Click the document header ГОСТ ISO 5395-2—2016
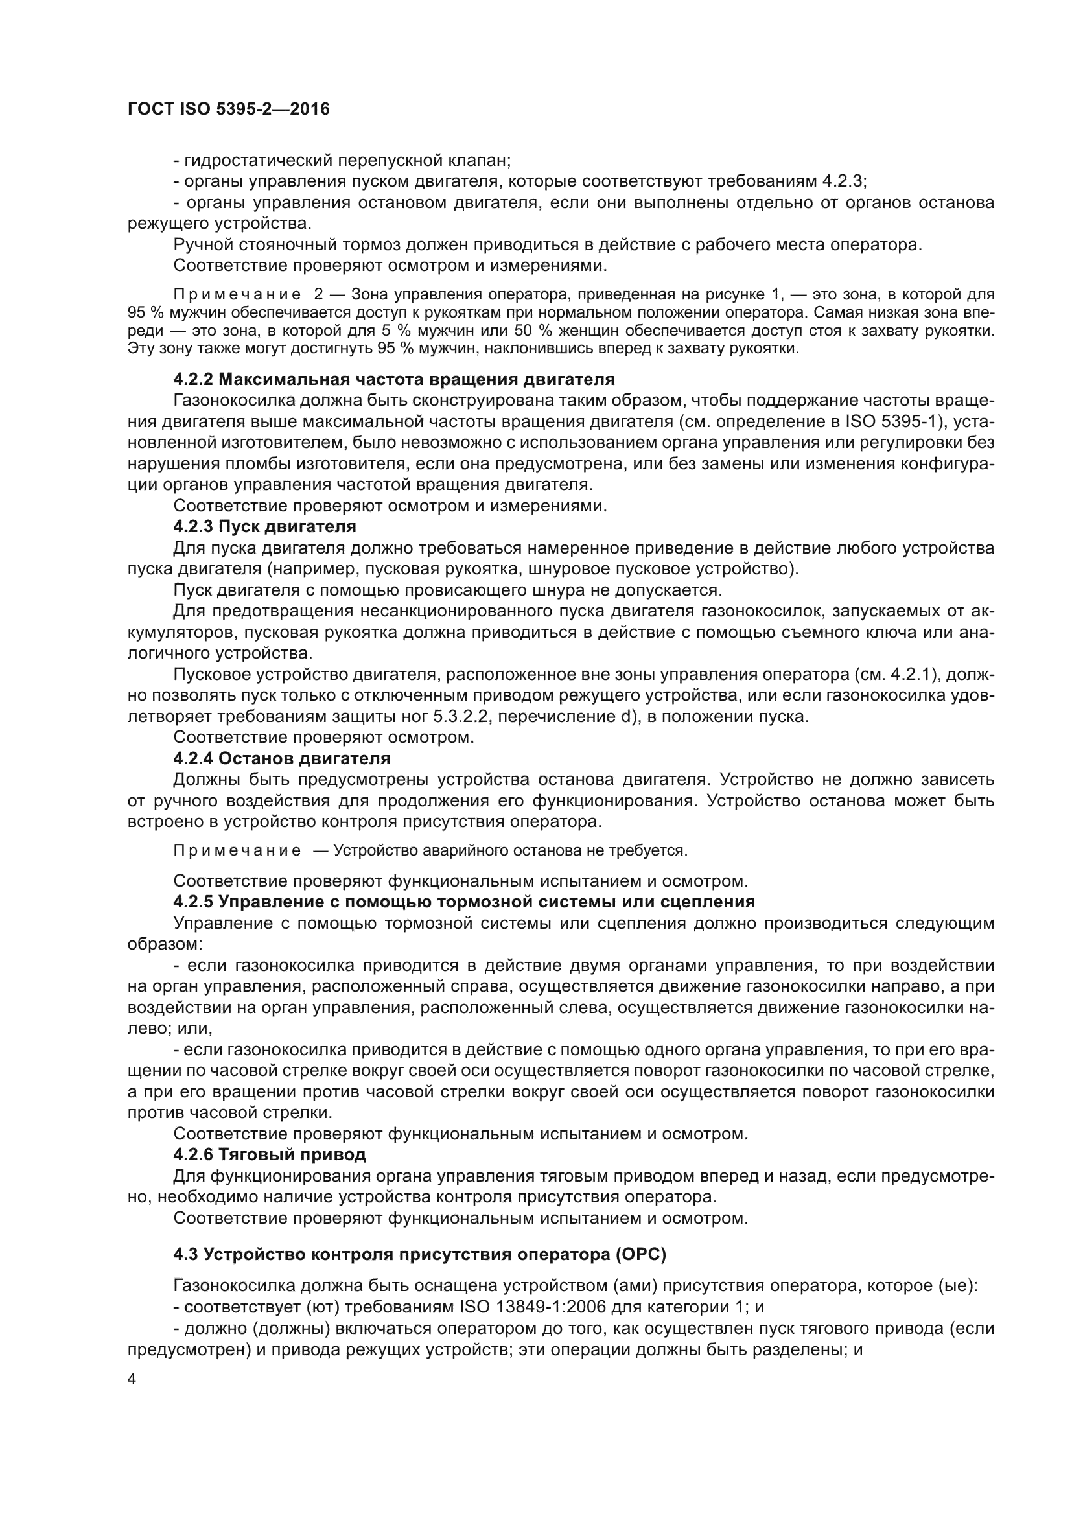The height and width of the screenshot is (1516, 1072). point(228,110)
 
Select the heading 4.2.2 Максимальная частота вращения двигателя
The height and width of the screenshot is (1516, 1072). point(394,380)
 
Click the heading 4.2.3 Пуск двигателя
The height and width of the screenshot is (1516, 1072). point(264,527)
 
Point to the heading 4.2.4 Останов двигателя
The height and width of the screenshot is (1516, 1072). point(282,759)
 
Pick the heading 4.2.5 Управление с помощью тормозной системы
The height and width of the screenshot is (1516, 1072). point(464,902)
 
